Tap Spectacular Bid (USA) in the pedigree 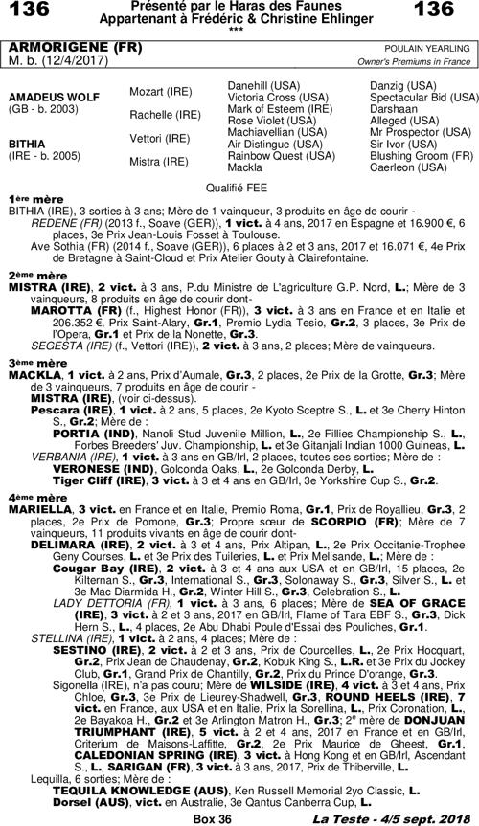pyautogui.click(x=424, y=98)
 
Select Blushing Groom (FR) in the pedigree pyautogui.click(x=422, y=155)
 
